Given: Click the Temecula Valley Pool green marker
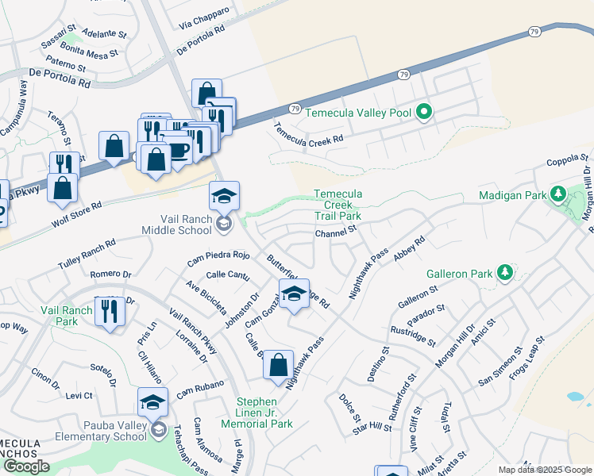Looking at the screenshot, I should click(424, 113).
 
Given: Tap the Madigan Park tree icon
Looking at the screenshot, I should click(557, 194).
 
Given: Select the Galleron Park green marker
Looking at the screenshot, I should click(503, 274).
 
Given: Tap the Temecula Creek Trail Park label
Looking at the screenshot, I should click(337, 205).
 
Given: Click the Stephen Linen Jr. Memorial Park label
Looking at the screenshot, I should click(264, 412).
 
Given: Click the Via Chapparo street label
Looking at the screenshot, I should click(204, 20).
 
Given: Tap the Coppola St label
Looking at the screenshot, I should click(569, 162).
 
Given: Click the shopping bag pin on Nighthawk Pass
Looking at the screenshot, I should click(278, 366).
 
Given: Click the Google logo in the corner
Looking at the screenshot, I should click(26, 466).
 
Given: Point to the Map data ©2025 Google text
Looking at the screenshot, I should click(545, 470).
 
